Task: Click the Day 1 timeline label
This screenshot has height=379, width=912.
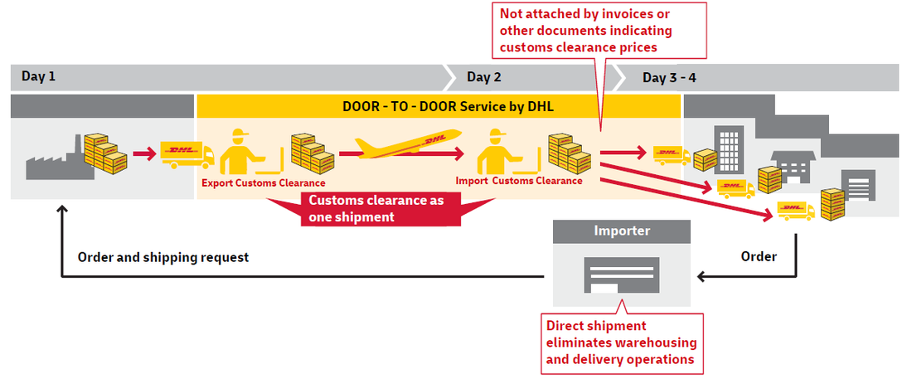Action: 38,77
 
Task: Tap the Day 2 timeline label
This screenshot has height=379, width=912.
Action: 483,77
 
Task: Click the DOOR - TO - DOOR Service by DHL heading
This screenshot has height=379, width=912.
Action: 438,106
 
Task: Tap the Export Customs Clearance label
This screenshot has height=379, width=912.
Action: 263,182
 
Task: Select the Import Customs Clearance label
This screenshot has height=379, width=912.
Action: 519,180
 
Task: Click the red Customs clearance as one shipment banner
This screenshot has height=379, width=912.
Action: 376,208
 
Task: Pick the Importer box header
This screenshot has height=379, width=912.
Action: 622,231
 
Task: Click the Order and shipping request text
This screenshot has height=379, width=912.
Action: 163,257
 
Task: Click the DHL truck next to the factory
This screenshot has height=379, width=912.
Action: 187,154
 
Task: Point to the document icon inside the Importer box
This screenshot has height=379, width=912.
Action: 621,275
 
